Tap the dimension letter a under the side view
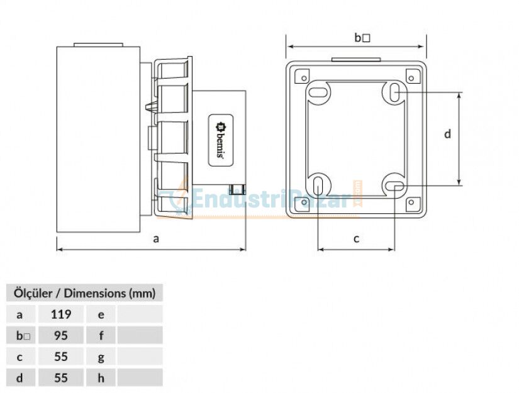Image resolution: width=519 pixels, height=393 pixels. (157, 238)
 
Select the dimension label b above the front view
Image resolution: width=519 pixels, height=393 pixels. (361, 38)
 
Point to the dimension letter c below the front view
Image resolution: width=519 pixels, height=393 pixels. (356, 238)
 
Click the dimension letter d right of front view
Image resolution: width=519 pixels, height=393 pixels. (447, 133)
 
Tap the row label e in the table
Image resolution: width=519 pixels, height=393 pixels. (101, 314)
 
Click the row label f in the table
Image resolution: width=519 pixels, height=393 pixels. (101, 335)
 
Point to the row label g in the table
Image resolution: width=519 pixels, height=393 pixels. (101, 357)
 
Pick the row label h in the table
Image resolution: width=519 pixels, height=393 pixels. (101, 378)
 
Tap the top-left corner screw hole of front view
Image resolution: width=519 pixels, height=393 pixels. (304, 78)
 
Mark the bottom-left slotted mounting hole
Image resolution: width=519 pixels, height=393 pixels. (319, 186)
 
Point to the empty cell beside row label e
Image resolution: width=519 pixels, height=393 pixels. (140, 314)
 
